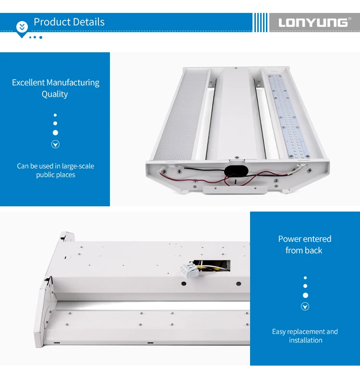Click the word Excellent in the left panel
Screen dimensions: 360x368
point(28,83)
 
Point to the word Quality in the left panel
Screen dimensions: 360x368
point(55,94)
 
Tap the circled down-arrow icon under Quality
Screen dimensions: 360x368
point(55,144)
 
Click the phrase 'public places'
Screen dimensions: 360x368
point(56,175)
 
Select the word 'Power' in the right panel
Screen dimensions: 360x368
point(289,239)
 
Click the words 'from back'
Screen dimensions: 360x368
point(304,250)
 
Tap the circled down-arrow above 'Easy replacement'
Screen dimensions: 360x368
point(305,307)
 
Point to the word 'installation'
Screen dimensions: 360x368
point(305,340)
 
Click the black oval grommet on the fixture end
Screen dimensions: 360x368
point(236,171)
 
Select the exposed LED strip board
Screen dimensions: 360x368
point(289,116)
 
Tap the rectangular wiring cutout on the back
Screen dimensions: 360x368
point(211,265)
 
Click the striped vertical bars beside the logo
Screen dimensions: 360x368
point(261,22)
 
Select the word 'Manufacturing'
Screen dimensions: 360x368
point(73,83)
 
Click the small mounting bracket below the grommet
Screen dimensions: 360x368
point(235,190)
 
